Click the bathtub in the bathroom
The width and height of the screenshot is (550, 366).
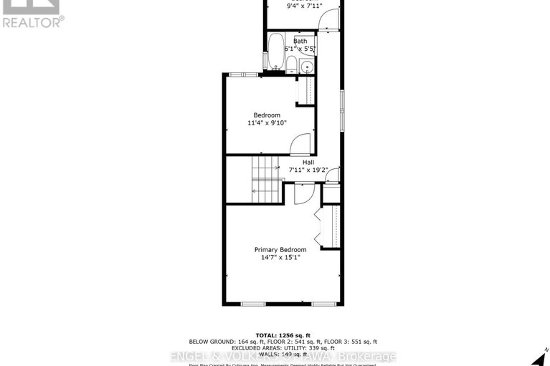point(275,56)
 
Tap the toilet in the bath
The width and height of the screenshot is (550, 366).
point(292,64)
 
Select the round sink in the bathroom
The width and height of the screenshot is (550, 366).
point(307,67)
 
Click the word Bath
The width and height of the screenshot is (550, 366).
point(300,42)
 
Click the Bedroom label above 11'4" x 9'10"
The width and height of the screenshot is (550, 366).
point(266,115)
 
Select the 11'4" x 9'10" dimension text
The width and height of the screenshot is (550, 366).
point(266,123)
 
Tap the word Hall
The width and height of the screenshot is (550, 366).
point(308,162)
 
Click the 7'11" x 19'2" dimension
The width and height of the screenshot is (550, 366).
point(308,170)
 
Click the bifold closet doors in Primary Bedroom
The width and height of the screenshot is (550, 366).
point(318,226)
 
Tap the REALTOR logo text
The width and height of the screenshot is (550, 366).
point(33,21)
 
